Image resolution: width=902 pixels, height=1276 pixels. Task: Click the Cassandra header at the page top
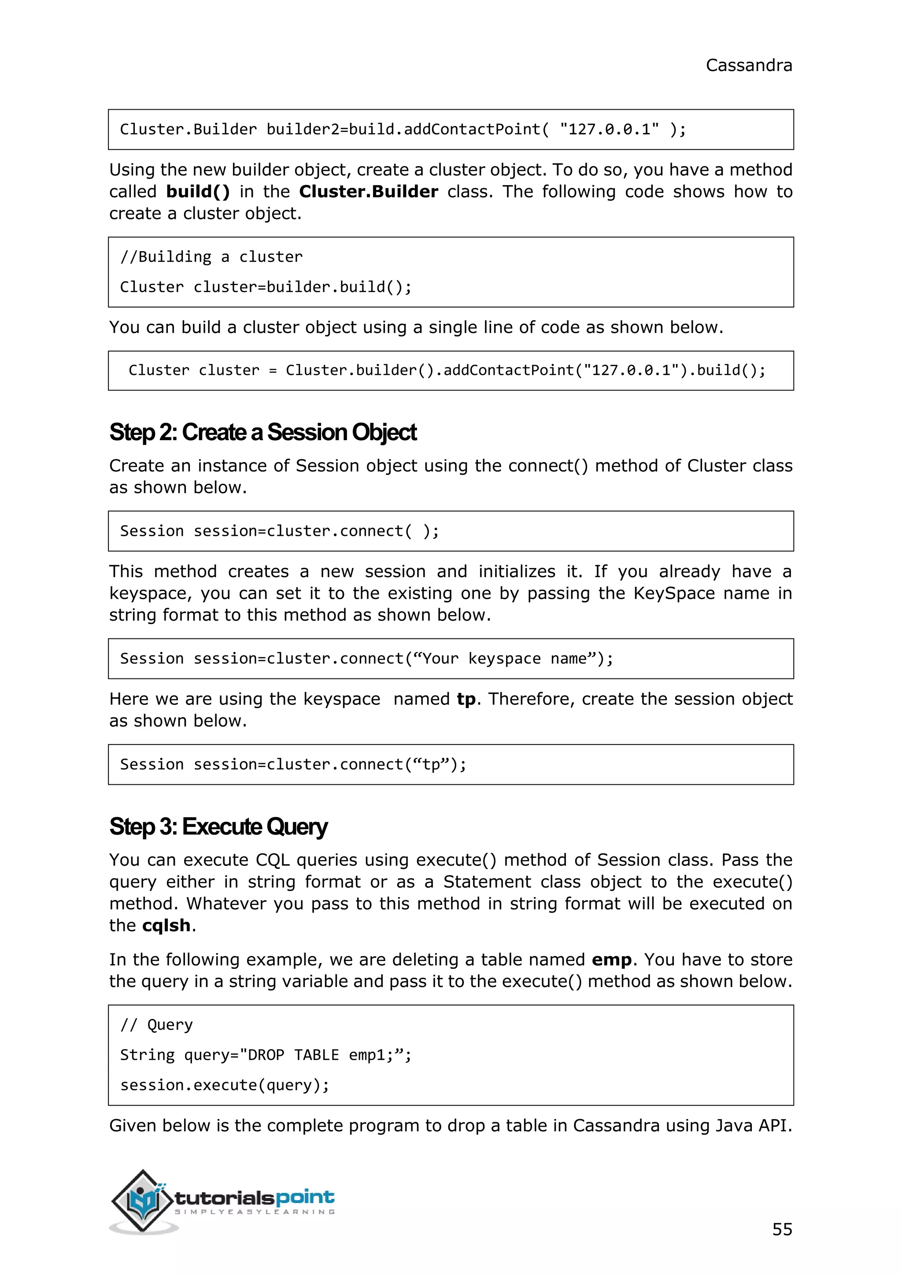click(748, 66)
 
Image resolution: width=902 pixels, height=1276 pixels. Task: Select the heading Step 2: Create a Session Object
click(262, 432)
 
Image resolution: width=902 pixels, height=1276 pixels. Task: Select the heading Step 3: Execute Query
click(218, 827)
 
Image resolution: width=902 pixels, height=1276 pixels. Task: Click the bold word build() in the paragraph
click(198, 192)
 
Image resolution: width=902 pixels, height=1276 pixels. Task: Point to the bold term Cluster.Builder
click(368, 192)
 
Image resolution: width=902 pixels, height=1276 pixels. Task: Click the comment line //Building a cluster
click(211, 257)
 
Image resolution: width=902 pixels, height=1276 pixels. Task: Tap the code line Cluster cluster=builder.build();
click(266, 287)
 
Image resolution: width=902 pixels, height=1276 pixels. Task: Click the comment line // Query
click(157, 1024)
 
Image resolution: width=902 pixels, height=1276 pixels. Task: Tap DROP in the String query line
click(266, 1055)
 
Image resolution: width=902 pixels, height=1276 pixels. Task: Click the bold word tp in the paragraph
click(466, 699)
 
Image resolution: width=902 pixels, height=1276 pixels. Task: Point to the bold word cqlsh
click(166, 925)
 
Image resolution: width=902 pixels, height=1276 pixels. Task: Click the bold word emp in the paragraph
click(611, 960)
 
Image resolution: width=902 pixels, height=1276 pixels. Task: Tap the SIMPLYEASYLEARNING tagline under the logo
click(255, 1212)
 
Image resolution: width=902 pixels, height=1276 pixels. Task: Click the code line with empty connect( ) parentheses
click(279, 531)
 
